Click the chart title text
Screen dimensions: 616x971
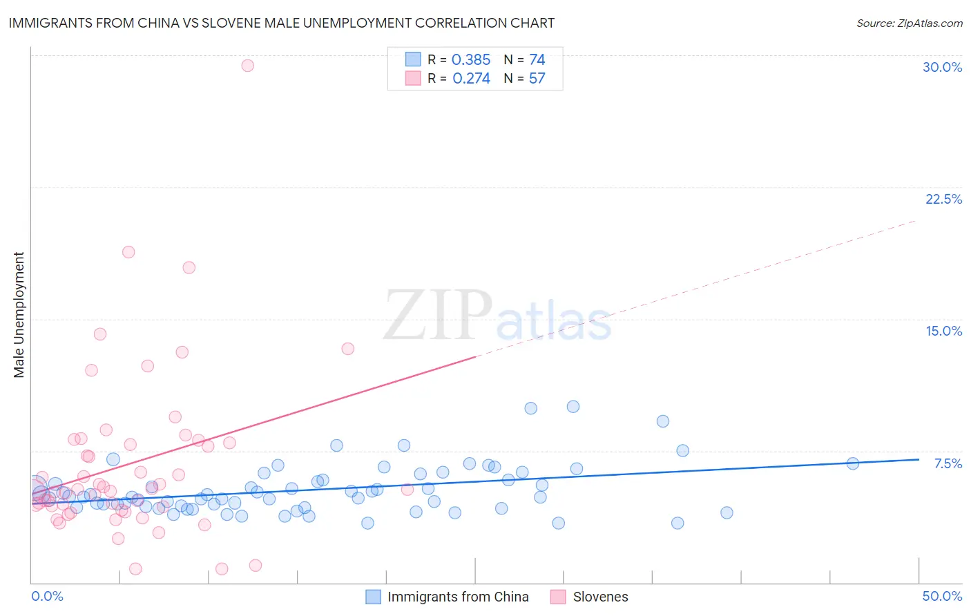(281, 23)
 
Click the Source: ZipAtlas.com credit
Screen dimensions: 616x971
(909, 23)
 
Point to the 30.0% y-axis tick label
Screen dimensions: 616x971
(942, 67)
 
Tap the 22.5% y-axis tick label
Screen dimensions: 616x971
(943, 199)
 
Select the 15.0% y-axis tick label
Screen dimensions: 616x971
(943, 331)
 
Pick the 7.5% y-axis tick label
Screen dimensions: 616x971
(948, 463)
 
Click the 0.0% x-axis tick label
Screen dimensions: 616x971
(47, 596)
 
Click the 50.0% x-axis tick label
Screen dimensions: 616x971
(942, 596)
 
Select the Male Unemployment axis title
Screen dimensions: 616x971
(19, 315)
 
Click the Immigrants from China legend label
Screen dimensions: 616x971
(458, 597)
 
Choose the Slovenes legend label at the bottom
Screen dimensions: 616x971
(600, 597)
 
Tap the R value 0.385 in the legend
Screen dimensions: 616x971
(471, 60)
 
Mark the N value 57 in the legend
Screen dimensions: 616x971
(537, 79)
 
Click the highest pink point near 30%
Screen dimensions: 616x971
(247, 66)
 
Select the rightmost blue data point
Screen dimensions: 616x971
(852, 463)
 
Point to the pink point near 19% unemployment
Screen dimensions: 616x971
(128, 252)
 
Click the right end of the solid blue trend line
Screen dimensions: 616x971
(919, 459)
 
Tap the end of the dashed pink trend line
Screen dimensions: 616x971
(916, 220)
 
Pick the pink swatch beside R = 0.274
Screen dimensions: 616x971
(413, 79)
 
